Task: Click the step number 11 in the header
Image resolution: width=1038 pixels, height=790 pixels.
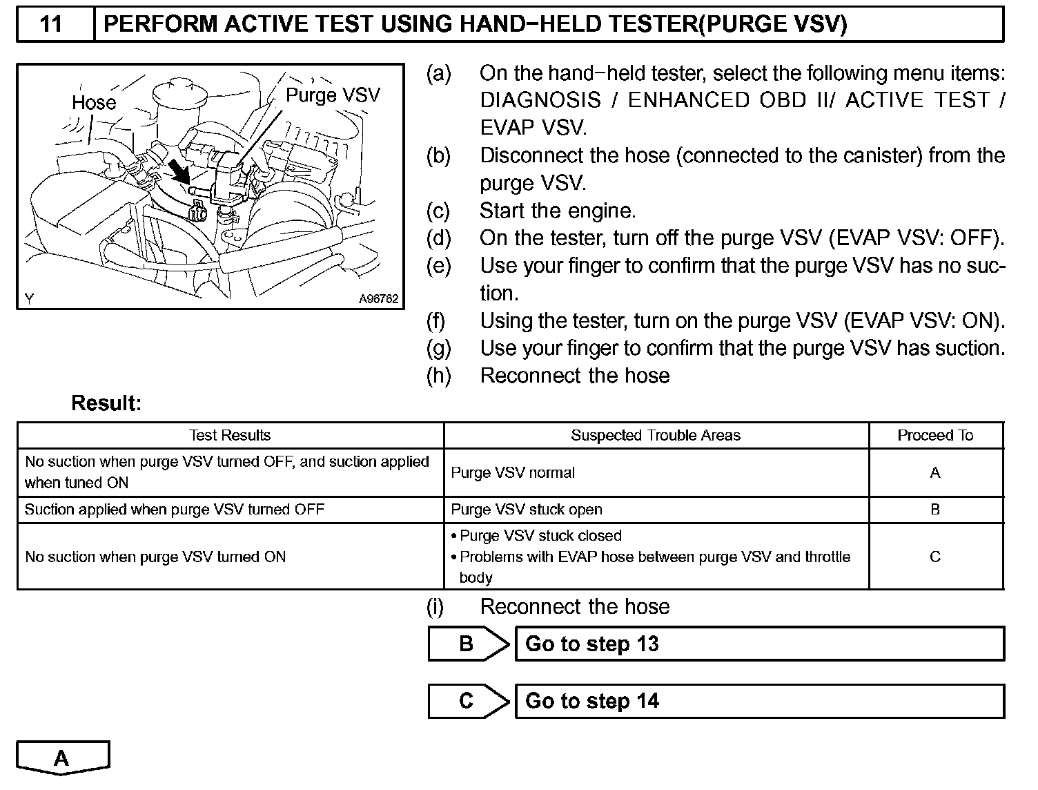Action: point(52,25)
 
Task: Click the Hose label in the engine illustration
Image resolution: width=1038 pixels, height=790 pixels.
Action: point(94,103)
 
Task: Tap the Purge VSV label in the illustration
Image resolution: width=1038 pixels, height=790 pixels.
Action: point(333,95)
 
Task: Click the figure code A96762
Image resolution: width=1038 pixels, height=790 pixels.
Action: point(378,299)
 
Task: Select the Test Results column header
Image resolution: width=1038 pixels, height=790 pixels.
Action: point(230,436)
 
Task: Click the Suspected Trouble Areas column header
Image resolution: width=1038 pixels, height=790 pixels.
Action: point(655,436)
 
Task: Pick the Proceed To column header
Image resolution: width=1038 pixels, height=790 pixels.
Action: point(935,436)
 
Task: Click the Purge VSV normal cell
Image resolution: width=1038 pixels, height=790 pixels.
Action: point(513,473)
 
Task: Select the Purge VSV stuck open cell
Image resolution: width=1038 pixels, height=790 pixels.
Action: point(527,510)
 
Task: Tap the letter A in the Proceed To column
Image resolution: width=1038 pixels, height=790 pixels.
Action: point(935,473)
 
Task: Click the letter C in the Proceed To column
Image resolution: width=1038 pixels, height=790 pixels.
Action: point(935,557)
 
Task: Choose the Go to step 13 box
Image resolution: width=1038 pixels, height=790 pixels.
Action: point(759,644)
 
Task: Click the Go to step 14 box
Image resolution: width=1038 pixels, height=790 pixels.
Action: point(759,701)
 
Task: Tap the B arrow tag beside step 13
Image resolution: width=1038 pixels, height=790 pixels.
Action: point(467,644)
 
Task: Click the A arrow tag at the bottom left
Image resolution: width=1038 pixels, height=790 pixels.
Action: point(62,758)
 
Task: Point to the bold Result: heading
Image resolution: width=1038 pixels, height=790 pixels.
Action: point(106,403)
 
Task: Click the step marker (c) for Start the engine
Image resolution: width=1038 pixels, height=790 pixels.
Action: point(438,211)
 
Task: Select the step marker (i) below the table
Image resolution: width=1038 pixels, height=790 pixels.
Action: point(435,607)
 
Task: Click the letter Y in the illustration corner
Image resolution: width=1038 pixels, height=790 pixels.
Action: point(30,299)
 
